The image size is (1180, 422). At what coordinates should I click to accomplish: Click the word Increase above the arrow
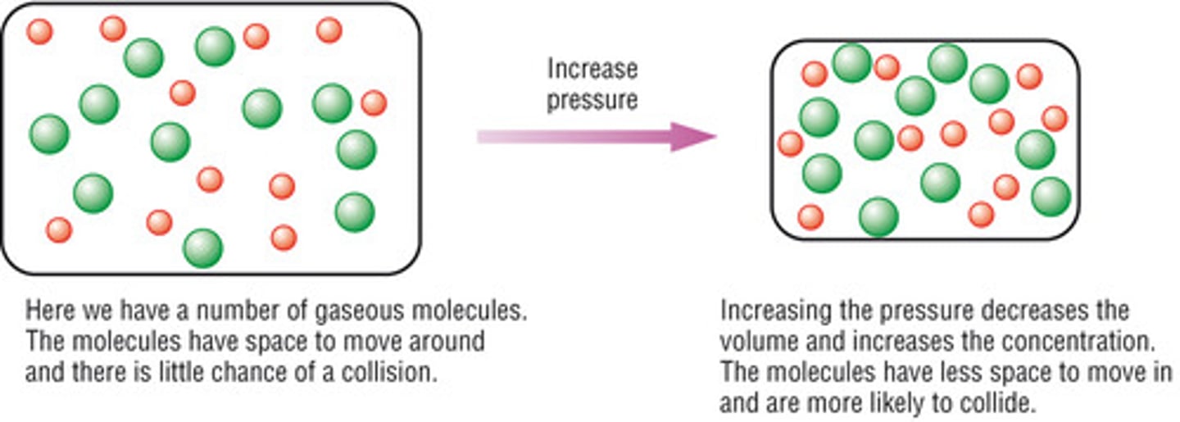coord(592,69)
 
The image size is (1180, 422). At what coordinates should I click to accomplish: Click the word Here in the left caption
coord(47,311)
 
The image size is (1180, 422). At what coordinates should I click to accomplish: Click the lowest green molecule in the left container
coord(202,248)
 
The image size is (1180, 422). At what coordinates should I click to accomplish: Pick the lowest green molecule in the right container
coord(878,217)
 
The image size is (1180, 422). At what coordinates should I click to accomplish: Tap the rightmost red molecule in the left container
coord(374,103)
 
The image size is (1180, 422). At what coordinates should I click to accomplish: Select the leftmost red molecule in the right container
coord(791,143)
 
